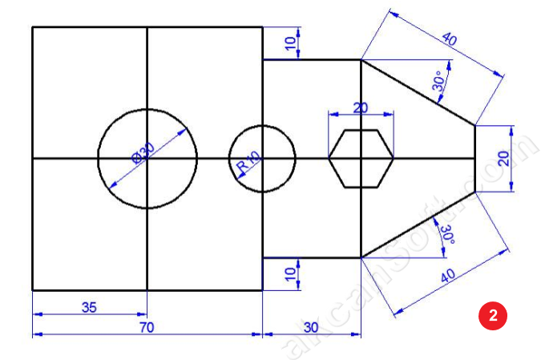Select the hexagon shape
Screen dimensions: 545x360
pos(361,158)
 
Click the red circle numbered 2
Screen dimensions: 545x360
pos(494,314)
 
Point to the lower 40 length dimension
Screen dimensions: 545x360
pos(449,277)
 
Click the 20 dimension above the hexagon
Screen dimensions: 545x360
pos(361,107)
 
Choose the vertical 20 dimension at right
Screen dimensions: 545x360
pos(503,158)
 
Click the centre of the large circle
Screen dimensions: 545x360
pos(147,158)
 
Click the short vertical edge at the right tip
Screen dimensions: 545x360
pos(475,158)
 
